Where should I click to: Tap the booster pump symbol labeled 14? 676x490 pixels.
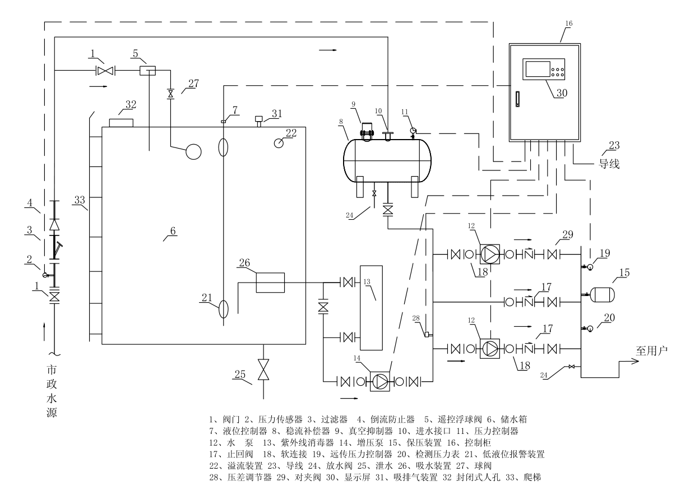379,382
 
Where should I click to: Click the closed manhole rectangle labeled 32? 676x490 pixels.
121,122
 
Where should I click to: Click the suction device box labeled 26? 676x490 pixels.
270,282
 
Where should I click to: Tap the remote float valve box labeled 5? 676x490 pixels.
148,70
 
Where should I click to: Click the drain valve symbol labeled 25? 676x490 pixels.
262,371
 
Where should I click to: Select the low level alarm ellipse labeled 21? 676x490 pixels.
223,308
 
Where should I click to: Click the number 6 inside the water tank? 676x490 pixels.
173,230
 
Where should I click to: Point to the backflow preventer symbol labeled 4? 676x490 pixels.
54,224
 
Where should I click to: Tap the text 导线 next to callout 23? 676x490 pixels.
608,166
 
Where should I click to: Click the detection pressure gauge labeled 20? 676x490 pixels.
590,329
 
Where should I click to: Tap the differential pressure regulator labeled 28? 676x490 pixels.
427,335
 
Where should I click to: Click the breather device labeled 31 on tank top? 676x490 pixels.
260,119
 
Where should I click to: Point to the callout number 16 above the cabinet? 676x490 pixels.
569,24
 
